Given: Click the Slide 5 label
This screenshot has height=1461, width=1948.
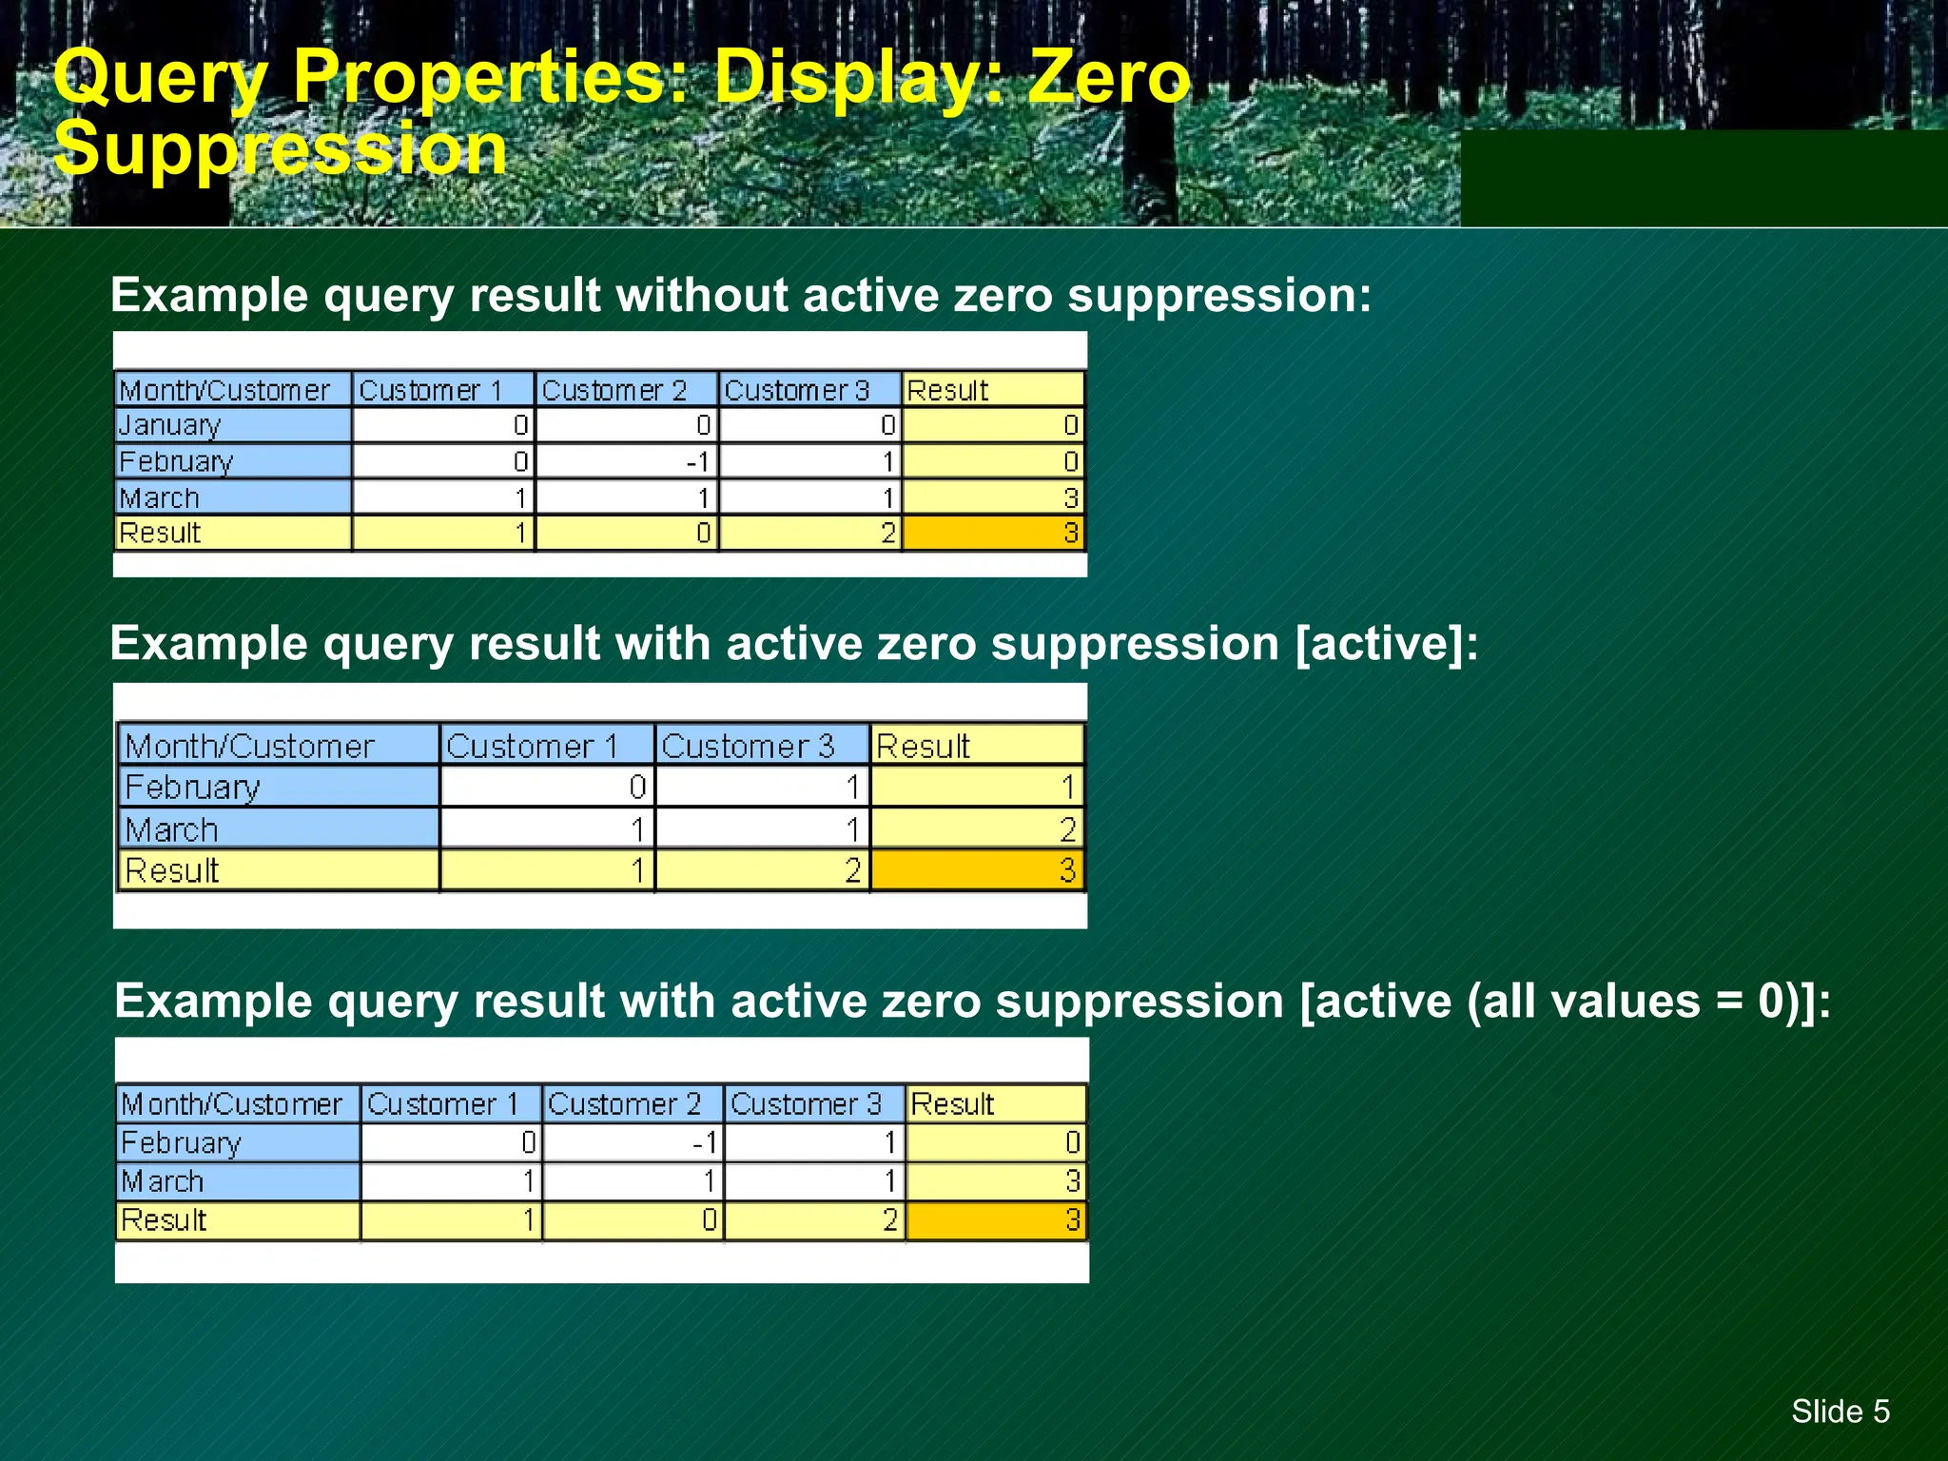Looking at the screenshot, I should [1840, 1411].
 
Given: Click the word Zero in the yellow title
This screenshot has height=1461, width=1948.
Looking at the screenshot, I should [1109, 78].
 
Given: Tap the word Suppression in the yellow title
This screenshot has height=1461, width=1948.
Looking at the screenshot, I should [281, 149].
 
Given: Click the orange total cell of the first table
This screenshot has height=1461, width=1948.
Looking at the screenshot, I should [993, 533].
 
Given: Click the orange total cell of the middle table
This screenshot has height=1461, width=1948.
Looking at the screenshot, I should [977, 870].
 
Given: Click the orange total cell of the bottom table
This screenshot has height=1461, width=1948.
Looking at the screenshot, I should [996, 1220].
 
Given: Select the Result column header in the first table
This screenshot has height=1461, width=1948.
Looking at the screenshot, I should [993, 390].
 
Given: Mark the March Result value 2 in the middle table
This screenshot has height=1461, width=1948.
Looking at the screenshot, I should [977, 829].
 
